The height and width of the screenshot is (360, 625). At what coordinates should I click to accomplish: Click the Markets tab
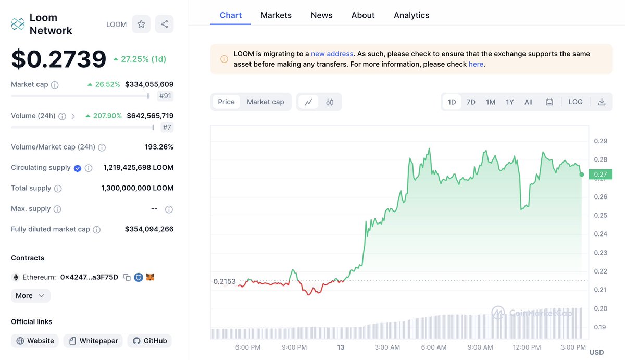276,15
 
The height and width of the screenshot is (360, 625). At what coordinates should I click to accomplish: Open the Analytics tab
411,15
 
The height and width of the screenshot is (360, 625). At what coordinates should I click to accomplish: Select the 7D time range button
471,102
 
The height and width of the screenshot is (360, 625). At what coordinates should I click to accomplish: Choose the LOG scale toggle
576,102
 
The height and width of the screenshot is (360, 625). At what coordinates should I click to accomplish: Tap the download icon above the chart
602,102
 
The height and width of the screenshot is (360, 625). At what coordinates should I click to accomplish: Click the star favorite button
141,24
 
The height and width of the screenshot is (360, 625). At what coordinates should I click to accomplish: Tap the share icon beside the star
165,24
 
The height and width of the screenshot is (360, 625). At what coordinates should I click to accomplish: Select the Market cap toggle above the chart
265,102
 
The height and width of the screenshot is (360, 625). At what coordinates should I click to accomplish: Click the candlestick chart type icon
330,102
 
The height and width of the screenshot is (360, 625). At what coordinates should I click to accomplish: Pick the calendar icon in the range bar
549,102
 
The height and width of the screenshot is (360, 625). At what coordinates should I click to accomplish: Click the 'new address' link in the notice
332,54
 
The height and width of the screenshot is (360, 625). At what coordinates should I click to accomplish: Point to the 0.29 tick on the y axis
601,141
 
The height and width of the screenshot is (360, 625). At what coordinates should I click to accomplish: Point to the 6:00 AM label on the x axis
434,347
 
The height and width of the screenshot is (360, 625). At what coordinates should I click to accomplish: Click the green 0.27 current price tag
601,175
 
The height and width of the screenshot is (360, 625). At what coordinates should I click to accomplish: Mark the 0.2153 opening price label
224,281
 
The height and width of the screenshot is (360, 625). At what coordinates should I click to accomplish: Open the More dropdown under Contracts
31,296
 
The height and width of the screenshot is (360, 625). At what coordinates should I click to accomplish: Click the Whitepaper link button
93,341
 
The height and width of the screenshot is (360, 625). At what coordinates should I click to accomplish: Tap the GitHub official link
149,341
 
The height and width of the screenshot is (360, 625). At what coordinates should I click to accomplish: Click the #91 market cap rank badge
166,96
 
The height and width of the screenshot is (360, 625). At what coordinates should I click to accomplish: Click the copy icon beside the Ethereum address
127,278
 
